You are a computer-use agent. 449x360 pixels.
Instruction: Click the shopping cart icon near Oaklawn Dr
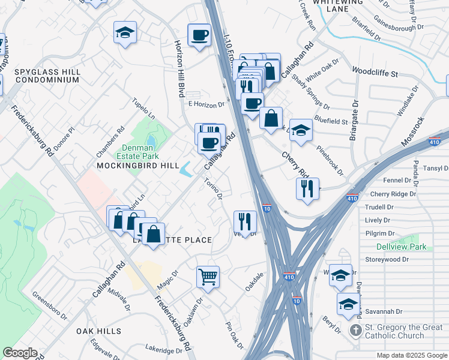(208, 277)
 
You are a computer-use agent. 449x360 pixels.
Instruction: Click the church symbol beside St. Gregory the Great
(355, 330)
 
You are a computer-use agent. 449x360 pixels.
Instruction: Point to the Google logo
(20, 353)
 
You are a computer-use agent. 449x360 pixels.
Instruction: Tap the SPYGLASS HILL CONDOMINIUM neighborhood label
(47, 76)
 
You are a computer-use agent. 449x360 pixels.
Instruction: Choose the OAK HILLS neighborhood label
(98, 331)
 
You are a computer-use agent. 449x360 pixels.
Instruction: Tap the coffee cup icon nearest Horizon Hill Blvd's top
(199, 34)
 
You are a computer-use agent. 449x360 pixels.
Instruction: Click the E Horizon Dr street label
(206, 104)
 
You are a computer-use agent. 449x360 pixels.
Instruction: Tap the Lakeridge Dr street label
(163, 350)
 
